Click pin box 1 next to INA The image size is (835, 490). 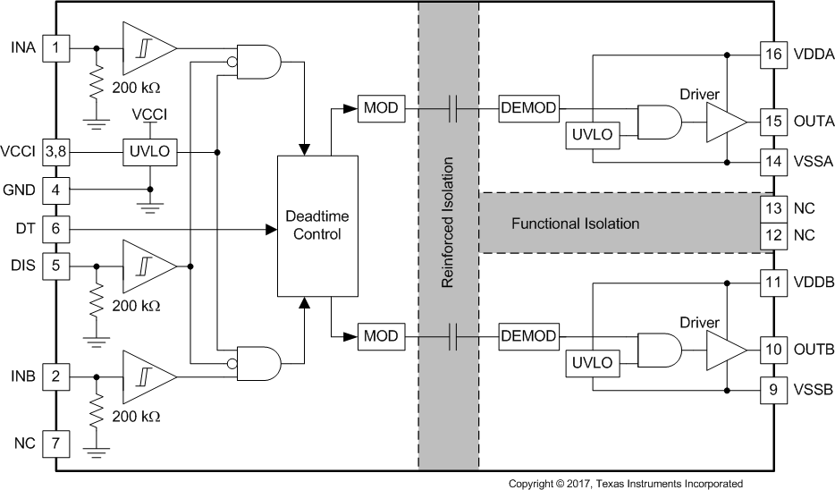(56, 47)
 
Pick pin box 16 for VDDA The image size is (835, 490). (772, 55)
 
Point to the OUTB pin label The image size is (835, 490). (813, 348)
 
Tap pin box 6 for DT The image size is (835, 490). (56, 229)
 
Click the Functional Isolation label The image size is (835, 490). (575, 224)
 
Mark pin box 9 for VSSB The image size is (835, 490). (772, 390)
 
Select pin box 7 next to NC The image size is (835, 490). (56, 443)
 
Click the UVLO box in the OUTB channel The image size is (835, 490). (590, 363)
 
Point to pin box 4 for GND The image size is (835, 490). (56, 190)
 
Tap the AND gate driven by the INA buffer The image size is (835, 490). (256, 61)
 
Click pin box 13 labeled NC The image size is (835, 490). (772, 207)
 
